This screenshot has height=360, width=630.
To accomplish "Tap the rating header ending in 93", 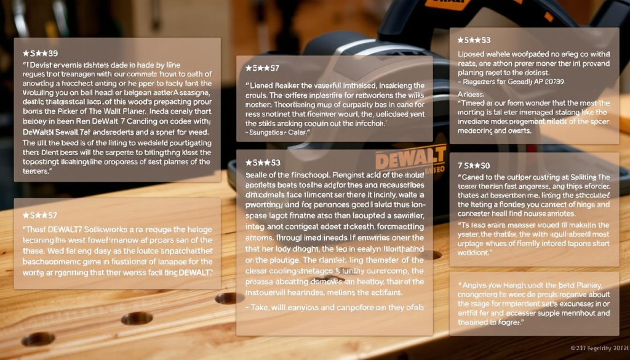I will (474, 40).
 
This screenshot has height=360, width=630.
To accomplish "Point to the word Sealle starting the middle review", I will (258, 174).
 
